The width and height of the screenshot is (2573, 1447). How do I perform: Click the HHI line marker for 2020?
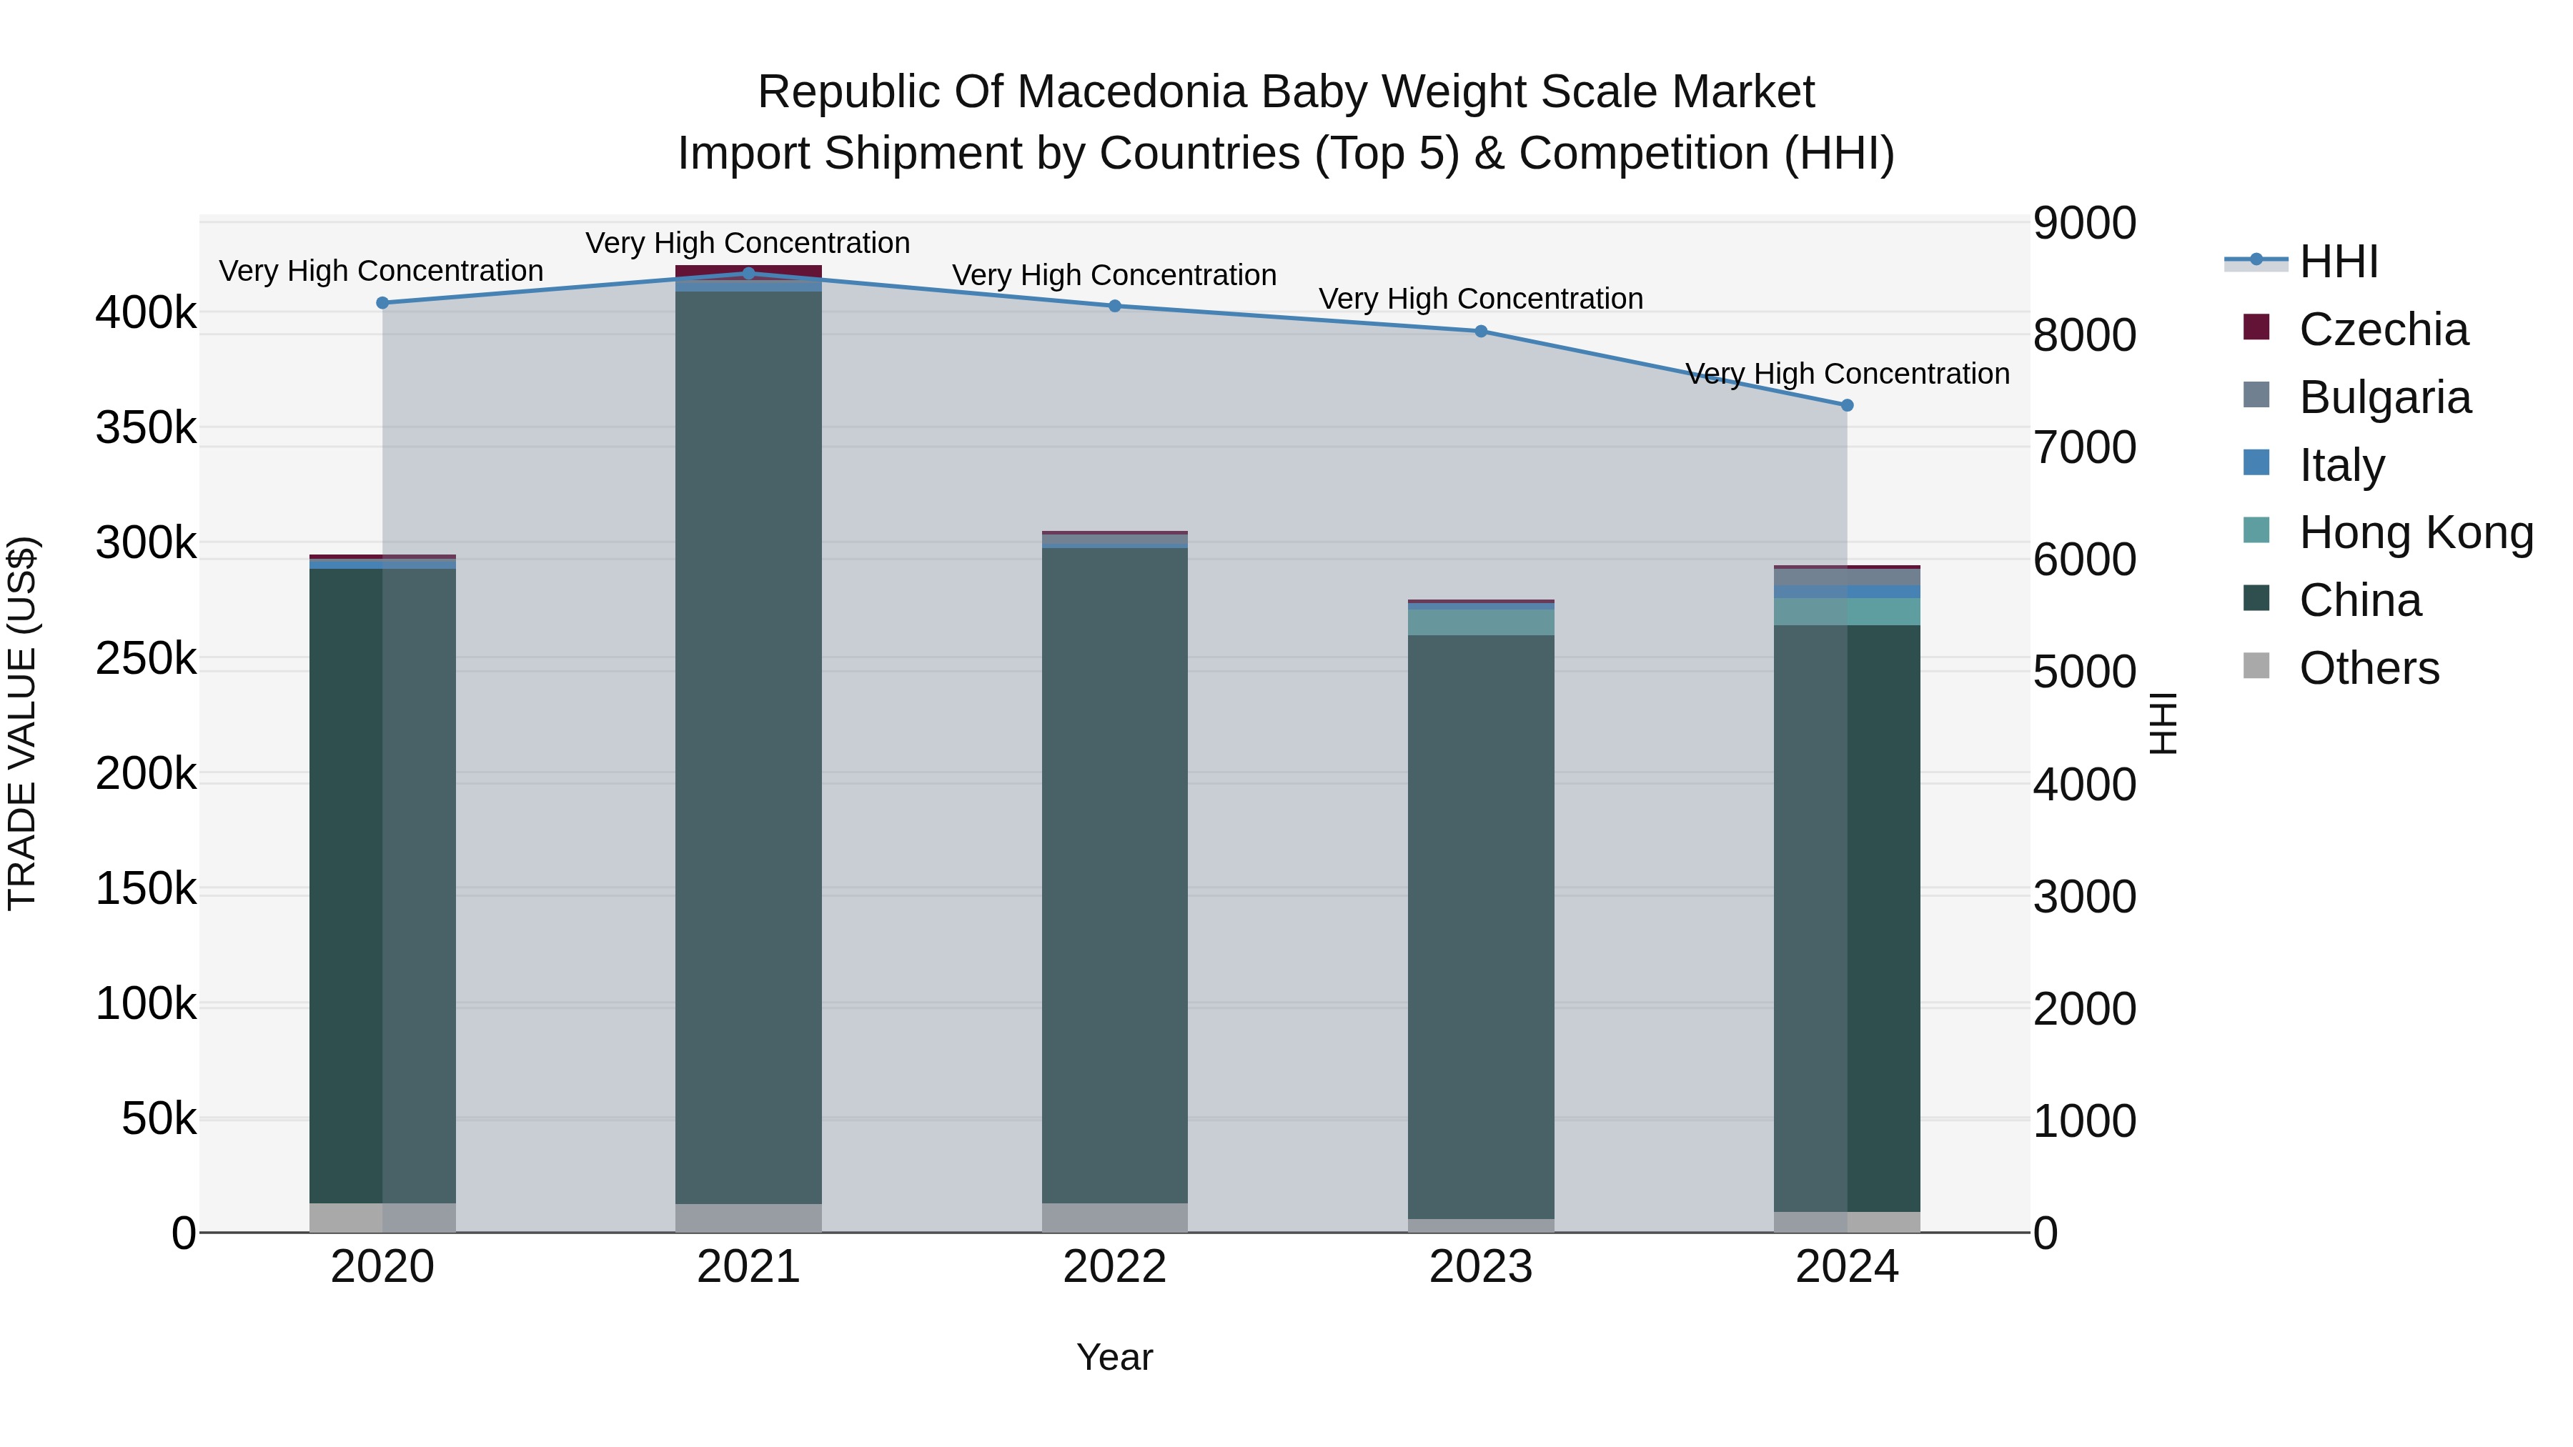(x=382, y=302)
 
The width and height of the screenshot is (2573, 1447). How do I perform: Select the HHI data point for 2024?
(x=1847, y=405)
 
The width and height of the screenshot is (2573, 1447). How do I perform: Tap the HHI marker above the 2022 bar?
(x=1115, y=306)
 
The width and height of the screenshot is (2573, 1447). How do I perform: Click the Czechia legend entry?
(x=2382, y=329)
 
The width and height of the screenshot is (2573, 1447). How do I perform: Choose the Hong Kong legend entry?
(x=2415, y=532)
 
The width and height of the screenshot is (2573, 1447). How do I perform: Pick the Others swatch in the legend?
(x=2256, y=666)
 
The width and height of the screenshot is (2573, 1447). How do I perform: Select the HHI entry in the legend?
(x=2337, y=262)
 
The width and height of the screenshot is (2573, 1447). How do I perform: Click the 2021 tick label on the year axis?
(x=748, y=1267)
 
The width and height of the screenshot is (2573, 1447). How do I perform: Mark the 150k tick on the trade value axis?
(x=146, y=887)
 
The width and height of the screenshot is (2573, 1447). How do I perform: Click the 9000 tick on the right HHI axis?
(x=2085, y=223)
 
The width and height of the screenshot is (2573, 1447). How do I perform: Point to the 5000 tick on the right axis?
(x=2085, y=672)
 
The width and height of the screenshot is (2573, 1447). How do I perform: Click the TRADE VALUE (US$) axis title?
(x=22, y=723)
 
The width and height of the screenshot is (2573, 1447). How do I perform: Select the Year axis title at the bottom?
(x=1115, y=1357)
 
